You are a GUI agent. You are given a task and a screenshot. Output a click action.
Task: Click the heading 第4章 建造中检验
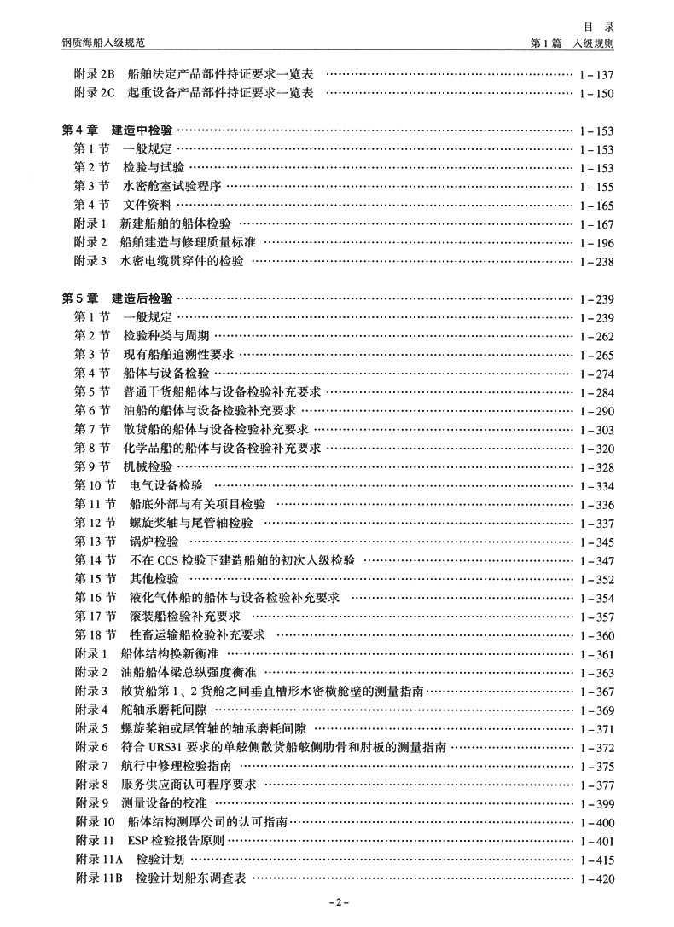tap(118, 130)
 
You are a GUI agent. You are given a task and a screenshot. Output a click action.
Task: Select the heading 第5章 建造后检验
tap(118, 299)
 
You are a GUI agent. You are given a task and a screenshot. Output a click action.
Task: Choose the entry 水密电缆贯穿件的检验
tap(182, 262)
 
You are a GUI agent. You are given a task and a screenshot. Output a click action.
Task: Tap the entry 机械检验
tap(148, 467)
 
